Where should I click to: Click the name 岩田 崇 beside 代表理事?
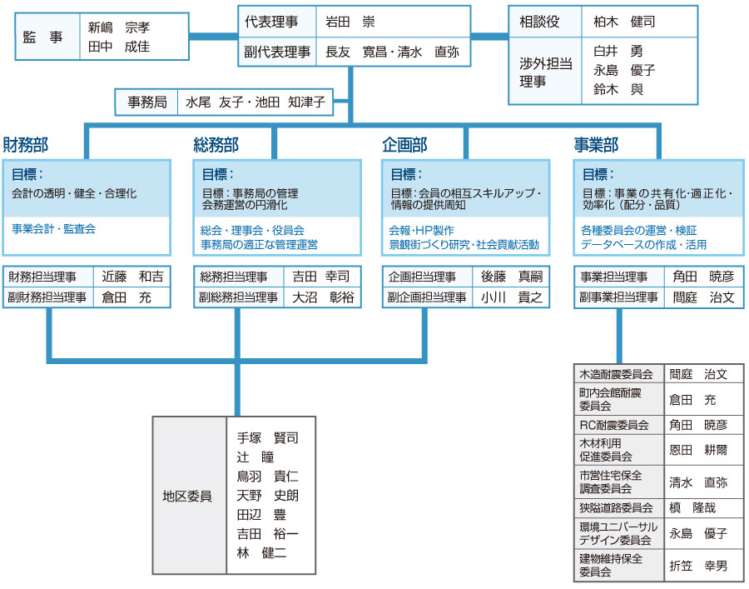click(x=350, y=22)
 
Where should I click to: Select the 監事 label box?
click(x=47, y=37)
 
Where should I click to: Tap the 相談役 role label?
click(x=539, y=22)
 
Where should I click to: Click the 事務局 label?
click(x=147, y=102)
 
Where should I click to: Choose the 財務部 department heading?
click(x=26, y=144)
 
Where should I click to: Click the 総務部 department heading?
click(x=216, y=144)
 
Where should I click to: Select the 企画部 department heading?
click(x=404, y=144)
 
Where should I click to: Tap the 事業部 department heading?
click(x=596, y=144)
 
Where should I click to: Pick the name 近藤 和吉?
click(x=132, y=277)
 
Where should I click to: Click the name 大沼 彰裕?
click(x=323, y=297)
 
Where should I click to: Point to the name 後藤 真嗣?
click(x=512, y=277)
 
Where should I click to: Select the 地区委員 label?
click(x=186, y=497)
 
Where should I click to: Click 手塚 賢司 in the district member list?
click(x=267, y=437)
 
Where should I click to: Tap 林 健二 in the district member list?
click(x=262, y=552)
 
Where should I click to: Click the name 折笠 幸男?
click(x=698, y=566)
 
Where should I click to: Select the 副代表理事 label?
click(x=277, y=52)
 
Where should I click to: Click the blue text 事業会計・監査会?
click(x=53, y=228)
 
